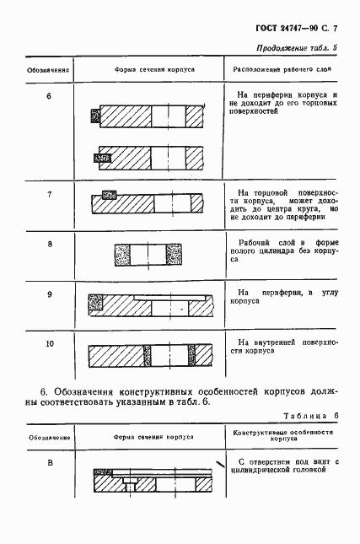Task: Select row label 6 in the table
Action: [x=49, y=95]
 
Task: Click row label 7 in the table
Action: [x=49, y=195]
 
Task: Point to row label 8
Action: [x=49, y=244]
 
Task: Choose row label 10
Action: [x=49, y=343]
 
